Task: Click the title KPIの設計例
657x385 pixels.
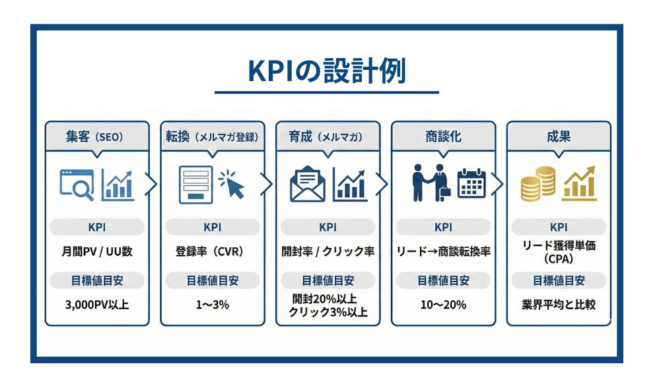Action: (327, 71)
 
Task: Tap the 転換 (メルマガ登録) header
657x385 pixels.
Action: (212, 137)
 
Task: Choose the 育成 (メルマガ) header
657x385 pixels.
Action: (328, 137)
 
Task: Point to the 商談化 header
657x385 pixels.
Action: (443, 137)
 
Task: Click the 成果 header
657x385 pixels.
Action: (559, 137)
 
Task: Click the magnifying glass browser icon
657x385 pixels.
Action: (77, 184)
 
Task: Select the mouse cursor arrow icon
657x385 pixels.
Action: (232, 184)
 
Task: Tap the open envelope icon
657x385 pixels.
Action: (308, 185)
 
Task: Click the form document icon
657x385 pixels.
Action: (196, 185)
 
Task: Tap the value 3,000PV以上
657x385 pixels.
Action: (97, 305)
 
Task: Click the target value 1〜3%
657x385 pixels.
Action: (212, 305)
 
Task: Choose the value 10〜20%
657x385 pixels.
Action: (443, 305)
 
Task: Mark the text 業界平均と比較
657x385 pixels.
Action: (559, 305)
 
